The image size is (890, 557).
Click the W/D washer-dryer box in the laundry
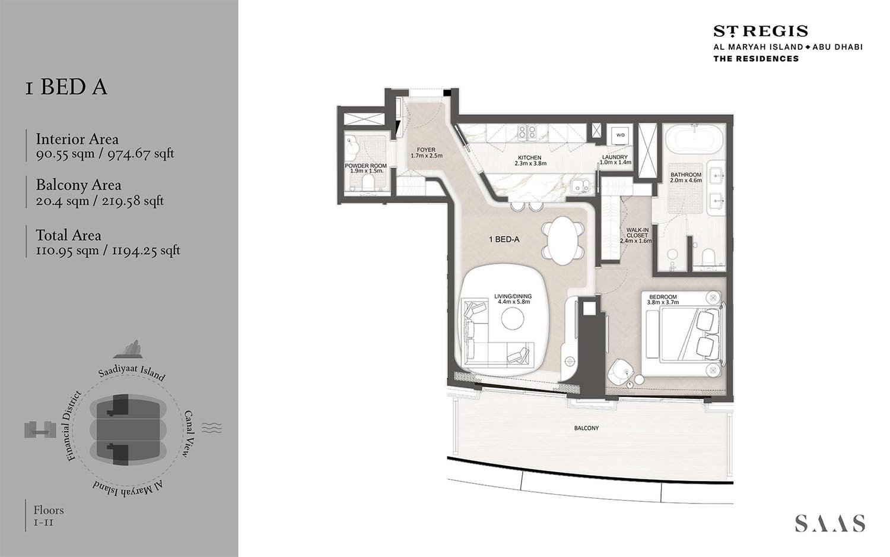[x=620, y=135]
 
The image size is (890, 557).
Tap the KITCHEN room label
[x=530, y=158]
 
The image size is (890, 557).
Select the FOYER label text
[x=426, y=150]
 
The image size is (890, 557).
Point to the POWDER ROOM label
[x=365, y=166]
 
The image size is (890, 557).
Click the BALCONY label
[x=586, y=428]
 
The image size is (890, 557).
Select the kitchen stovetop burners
[x=527, y=132]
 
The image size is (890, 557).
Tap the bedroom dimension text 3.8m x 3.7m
[x=663, y=303]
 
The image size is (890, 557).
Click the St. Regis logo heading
[x=760, y=31]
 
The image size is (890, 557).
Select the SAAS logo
[x=829, y=523]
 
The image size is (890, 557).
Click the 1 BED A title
[x=66, y=87]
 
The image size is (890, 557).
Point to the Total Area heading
[x=68, y=235]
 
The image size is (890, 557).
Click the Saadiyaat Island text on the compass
[x=132, y=372]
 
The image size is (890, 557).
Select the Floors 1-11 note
[x=48, y=515]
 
